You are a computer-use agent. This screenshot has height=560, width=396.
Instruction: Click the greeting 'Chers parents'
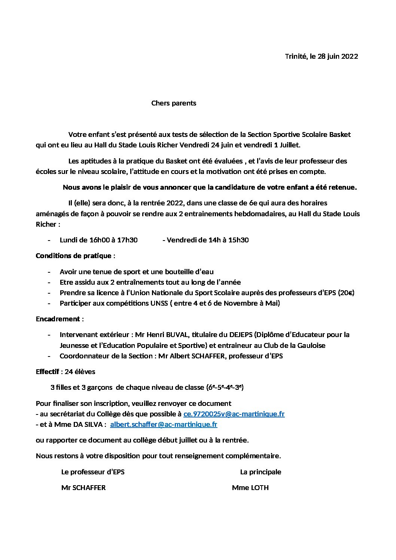174,103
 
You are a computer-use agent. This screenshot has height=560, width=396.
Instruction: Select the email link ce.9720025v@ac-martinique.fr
234,414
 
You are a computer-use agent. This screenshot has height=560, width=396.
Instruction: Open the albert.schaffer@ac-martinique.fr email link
164,425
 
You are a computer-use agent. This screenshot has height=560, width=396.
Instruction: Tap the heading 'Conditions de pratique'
73,256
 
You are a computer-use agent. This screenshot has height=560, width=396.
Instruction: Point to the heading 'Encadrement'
58,319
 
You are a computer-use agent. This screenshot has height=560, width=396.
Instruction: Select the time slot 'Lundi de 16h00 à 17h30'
98,240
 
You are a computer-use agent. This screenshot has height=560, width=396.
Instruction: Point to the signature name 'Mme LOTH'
250,488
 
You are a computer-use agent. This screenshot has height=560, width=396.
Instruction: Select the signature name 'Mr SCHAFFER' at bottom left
83,488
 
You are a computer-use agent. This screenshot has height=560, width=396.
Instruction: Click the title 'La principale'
261,472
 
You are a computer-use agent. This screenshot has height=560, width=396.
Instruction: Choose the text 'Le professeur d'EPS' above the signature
93,472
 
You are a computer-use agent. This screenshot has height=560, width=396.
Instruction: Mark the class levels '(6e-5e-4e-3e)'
225,388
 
